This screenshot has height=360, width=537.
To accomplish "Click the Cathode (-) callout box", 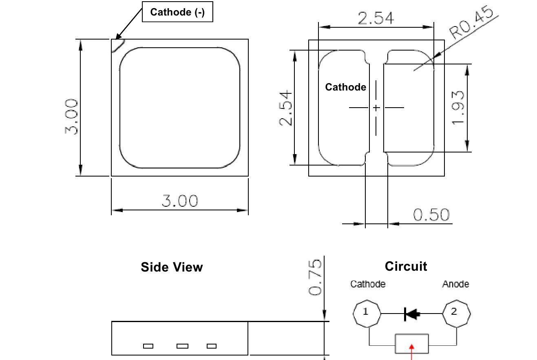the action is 177,12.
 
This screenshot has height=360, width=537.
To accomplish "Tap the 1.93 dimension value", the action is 457,108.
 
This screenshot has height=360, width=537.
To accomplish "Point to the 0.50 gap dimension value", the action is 431,214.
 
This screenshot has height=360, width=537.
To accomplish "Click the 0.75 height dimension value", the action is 315,277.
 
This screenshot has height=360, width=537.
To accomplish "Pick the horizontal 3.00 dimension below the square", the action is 180,201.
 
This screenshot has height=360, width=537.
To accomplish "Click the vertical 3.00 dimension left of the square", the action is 71,117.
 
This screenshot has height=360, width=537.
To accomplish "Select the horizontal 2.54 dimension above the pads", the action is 376,18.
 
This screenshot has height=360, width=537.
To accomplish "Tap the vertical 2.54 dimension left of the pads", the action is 285,108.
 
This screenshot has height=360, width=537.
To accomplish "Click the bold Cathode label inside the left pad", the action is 345,87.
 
